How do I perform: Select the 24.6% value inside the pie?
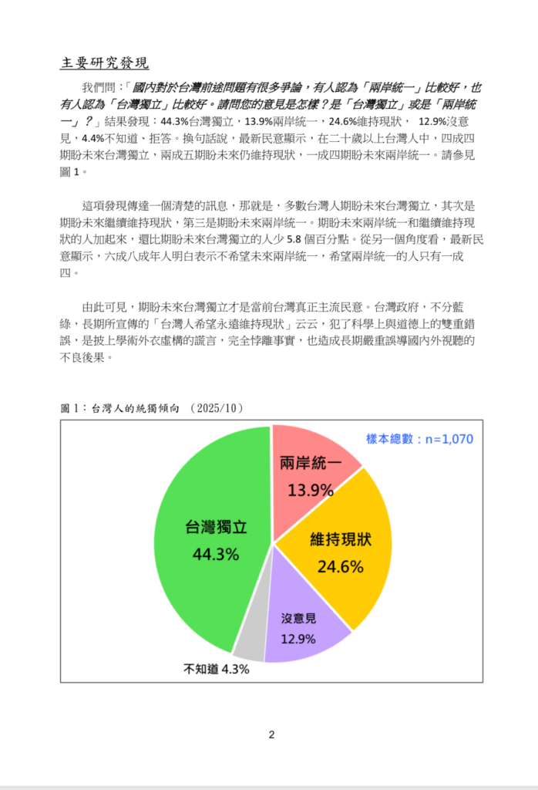tap(340, 567)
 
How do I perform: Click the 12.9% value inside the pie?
tap(298, 638)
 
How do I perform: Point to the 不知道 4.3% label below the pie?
tap(216, 669)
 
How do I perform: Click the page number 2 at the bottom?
tap(271, 734)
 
